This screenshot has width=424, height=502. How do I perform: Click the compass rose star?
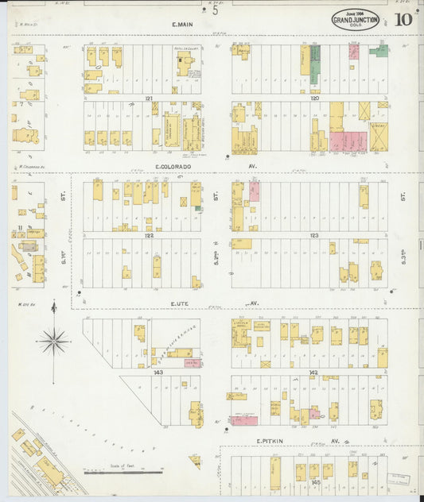53,342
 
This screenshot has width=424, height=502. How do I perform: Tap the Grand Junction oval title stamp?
355,19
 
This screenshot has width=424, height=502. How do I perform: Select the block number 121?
148,98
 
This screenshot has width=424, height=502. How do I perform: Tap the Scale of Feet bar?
123,472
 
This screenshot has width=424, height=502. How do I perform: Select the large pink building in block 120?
348,141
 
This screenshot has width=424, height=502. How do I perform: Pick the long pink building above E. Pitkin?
243,420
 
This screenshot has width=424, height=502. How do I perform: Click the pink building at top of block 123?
255,190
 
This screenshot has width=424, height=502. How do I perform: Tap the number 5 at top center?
215,10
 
